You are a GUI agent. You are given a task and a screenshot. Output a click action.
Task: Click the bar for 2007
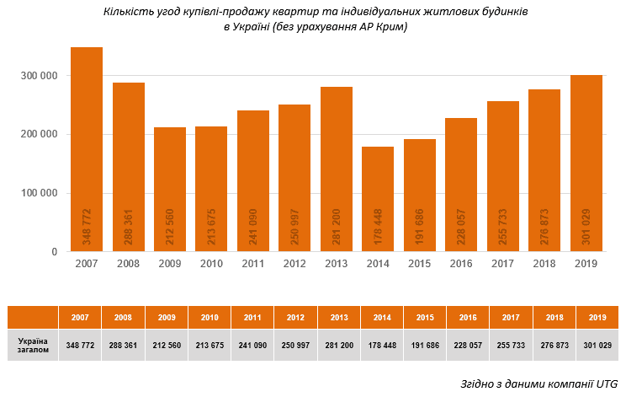[x=87, y=149]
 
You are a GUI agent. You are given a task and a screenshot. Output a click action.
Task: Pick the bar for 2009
[x=170, y=189]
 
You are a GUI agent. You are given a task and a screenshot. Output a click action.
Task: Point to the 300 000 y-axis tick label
[x=40, y=76]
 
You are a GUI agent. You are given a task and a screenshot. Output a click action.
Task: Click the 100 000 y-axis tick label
[x=40, y=193]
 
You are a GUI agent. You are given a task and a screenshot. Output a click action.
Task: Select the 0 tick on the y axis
[x=55, y=252]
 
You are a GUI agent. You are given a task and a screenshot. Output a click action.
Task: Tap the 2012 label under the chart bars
[x=294, y=263]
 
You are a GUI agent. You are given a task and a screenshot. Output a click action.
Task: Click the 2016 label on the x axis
[x=461, y=263]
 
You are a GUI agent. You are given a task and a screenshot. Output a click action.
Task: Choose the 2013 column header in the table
[x=338, y=318]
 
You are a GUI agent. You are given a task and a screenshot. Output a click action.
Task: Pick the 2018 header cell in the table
[x=554, y=318]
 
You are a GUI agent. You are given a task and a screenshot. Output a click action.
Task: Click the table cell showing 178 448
[x=381, y=346]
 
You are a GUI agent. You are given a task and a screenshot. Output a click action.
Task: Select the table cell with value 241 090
[x=252, y=346]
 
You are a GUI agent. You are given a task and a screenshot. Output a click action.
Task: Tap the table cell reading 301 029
[x=597, y=346]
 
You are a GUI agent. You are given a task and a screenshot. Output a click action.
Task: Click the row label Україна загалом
[x=33, y=346]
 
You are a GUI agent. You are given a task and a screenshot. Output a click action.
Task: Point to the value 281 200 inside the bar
[x=337, y=226]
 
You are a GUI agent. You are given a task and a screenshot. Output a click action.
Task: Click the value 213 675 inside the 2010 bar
[x=211, y=226]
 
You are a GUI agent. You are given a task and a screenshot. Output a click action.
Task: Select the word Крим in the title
[x=389, y=28]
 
